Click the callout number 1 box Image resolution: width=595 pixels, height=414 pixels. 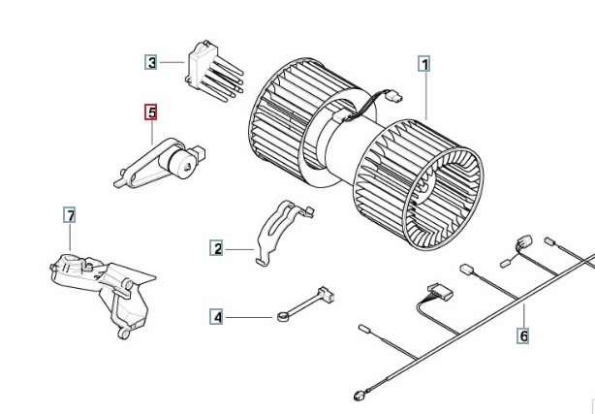tap(424, 64)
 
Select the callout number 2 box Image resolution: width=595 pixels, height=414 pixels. tap(216, 248)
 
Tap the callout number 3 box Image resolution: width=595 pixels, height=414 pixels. tap(151, 62)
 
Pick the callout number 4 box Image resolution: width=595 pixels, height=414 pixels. tap(216, 317)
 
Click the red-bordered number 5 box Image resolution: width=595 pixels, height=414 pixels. tap(150, 112)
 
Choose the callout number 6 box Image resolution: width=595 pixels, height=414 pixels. tap(523, 335)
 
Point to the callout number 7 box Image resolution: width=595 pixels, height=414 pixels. tap(70, 215)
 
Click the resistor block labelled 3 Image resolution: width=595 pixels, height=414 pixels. tap(214, 72)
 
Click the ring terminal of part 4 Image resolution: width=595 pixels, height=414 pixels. tap(283, 316)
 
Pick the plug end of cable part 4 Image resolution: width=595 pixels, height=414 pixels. tap(326, 294)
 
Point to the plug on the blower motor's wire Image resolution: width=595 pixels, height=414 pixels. tap(393, 97)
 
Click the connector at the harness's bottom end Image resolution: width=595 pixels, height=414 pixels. tap(359, 397)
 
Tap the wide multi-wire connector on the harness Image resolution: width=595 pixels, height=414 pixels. tap(440, 292)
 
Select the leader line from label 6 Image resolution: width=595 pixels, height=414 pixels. tap(523, 316)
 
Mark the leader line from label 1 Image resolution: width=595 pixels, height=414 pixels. tap(425, 96)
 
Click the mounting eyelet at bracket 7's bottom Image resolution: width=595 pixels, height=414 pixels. tap(123, 334)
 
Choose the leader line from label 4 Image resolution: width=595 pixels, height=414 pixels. tap(248, 317)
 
